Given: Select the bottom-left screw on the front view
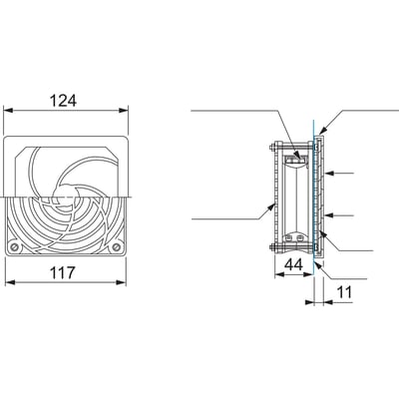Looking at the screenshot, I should [x=14, y=245].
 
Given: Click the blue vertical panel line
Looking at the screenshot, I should [x=313, y=199].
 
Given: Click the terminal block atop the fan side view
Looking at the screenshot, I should [x=294, y=157].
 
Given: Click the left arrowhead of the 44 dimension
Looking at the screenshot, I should [x=273, y=276].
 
